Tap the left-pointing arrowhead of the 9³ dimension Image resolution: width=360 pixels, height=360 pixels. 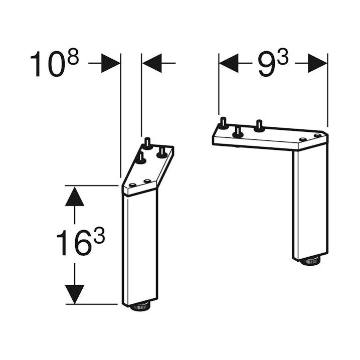(x=229, y=64)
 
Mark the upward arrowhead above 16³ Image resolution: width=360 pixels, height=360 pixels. (x=74, y=196)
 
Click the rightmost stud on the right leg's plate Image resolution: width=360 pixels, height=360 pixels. (x=259, y=125)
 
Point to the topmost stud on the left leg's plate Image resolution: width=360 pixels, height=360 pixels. (x=148, y=143)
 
